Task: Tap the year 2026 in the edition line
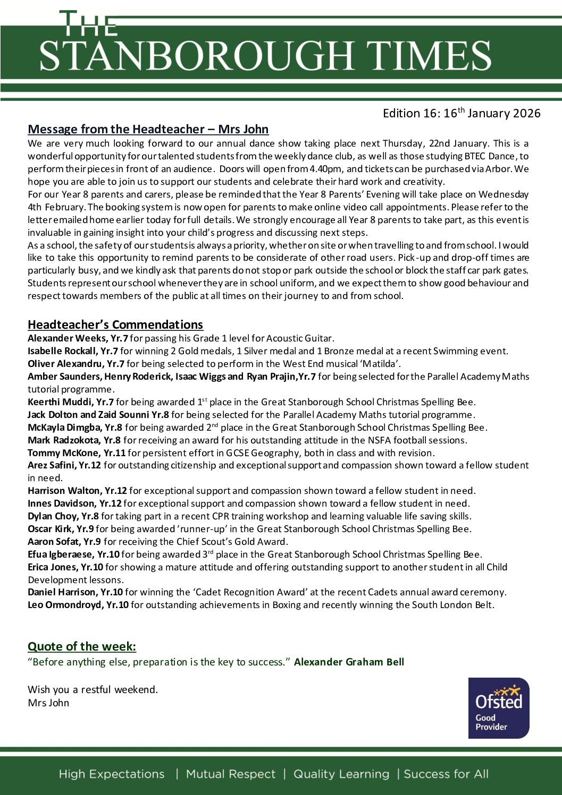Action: pyautogui.click(x=524, y=114)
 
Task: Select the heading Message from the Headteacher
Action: pyautogui.click(x=148, y=129)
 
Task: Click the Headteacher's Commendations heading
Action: pyautogui.click(x=115, y=324)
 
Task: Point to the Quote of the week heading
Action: pyautogui.click(x=82, y=646)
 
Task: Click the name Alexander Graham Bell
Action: pyautogui.click(x=349, y=662)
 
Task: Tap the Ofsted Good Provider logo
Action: pyautogui.click(x=499, y=708)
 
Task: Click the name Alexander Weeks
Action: pyautogui.click(x=66, y=338)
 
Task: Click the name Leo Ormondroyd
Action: pyautogui.click(x=64, y=605)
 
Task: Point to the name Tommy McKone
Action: pyautogui.click(x=63, y=453)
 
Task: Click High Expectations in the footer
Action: pyautogui.click(x=112, y=774)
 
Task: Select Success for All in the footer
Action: pyautogui.click(x=446, y=774)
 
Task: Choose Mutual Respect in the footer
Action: pyautogui.click(x=231, y=774)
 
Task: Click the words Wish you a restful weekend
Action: pyautogui.click(x=93, y=690)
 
